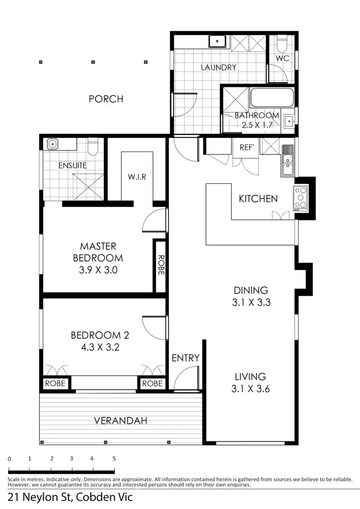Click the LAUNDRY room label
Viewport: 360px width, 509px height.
tap(218, 67)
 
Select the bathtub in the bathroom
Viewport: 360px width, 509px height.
tap(272, 98)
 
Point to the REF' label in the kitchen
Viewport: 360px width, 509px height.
tap(246, 148)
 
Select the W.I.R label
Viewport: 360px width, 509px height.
tap(137, 176)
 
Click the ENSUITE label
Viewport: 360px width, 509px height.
tap(72, 166)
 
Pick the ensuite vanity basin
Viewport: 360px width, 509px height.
tap(52, 143)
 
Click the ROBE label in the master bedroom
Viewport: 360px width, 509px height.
tap(160, 264)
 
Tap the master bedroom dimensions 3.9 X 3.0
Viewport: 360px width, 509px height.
tap(98, 270)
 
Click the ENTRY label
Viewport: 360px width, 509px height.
tap(185, 358)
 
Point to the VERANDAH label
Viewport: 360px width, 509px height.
tap(120, 421)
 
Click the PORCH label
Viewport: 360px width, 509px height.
tap(106, 99)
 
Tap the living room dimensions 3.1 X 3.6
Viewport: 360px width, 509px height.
tap(250, 389)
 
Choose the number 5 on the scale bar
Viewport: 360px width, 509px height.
tap(114, 459)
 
